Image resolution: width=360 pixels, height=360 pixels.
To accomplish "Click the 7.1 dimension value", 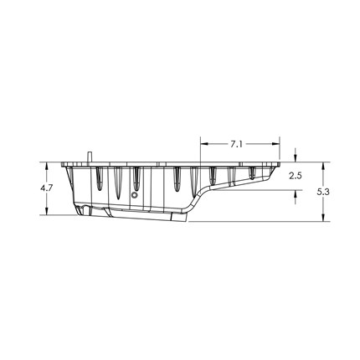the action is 236,144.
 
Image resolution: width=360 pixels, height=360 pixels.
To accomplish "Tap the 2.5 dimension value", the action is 295,176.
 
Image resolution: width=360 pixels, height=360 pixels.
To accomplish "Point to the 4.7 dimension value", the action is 46,188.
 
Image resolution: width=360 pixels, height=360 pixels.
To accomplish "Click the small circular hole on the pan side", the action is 135,195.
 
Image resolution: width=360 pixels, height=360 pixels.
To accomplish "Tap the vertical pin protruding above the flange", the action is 90,157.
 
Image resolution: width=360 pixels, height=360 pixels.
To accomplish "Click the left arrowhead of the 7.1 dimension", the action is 204,144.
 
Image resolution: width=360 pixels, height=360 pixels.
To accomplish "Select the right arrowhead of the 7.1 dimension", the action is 275,144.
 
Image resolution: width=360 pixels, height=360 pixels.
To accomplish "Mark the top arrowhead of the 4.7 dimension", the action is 47,166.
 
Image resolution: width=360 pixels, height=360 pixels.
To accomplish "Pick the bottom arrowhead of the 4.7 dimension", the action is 47,211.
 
